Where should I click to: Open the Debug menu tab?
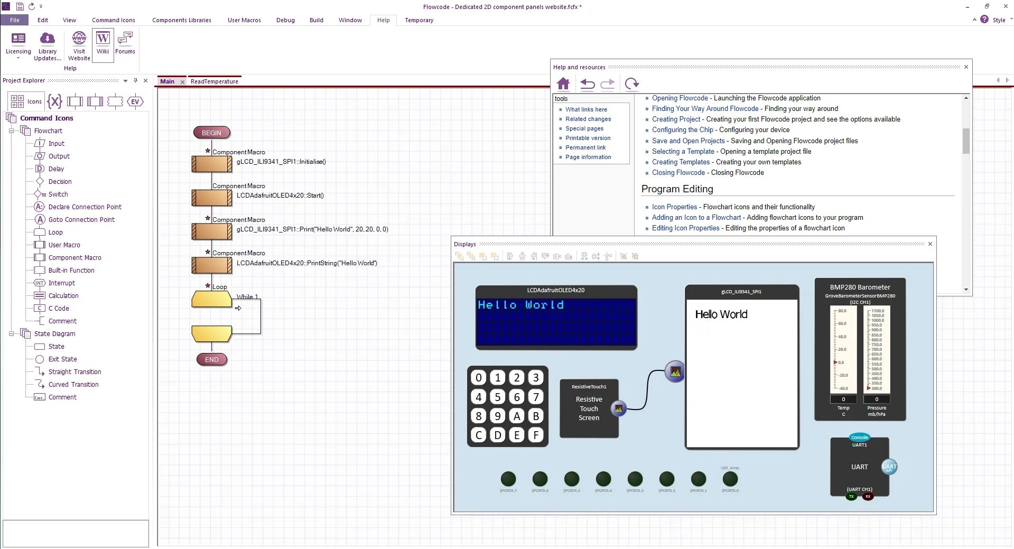(285, 20)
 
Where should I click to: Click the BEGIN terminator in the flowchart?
(211, 133)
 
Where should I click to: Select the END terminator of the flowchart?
(211, 359)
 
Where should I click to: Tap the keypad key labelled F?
(536, 435)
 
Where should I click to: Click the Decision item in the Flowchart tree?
(60, 181)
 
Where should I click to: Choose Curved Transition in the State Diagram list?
(73, 384)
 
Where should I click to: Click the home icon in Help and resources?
(563, 83)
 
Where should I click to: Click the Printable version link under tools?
(588, 138)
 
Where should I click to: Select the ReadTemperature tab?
(215, 81)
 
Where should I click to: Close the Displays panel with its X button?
(930, 244)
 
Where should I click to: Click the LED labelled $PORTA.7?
(508, 479)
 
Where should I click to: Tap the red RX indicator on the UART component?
(868, 497)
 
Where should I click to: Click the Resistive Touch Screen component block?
(589, 408)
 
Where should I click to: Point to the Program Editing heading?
(677, 189)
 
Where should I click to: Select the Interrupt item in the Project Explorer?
(62, 283)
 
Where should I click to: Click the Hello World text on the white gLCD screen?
(721, 314)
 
